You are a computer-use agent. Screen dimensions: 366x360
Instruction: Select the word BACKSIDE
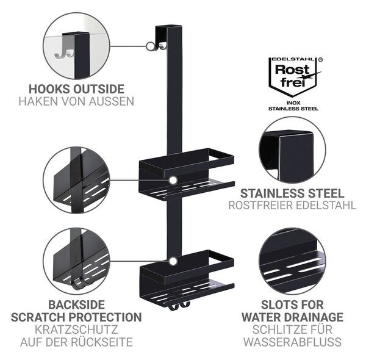click(77, 305)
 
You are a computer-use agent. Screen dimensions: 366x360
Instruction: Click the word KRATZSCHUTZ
click(76, 329)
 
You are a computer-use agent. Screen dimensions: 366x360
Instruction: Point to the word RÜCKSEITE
click(102, 342)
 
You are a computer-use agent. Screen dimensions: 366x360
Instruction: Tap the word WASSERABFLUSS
click(293, 342)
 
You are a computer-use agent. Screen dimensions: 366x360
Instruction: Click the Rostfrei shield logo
click(293, 77)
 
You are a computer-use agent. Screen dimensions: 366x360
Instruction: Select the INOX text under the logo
click(293, 103)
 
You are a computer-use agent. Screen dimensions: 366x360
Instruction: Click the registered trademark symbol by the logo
click(320, 60)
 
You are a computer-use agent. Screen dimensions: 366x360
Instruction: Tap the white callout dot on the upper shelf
click(173, 181)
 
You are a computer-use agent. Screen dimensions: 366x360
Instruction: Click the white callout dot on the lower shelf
click(173, 261)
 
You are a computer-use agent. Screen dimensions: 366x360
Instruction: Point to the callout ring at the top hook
click(150, 46)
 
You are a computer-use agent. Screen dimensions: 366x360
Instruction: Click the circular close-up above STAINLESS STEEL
click(292, 150)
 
